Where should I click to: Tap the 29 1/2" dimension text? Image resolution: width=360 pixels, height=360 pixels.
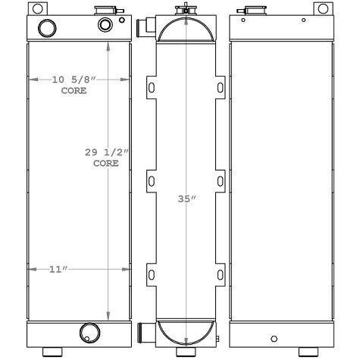(x=107, y=152)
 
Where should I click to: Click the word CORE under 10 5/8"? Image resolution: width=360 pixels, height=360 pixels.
(x=74, y=90)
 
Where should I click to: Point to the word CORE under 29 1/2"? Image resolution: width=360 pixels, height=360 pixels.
(x=106, y=163)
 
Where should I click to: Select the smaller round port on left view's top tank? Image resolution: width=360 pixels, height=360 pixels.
(x=105, y=25)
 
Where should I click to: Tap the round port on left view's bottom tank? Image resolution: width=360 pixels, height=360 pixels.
(x=89, y=332)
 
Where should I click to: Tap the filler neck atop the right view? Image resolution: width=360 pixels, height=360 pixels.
(x=249, y=11)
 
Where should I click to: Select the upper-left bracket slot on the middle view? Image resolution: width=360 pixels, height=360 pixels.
(x=150, y=88)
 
